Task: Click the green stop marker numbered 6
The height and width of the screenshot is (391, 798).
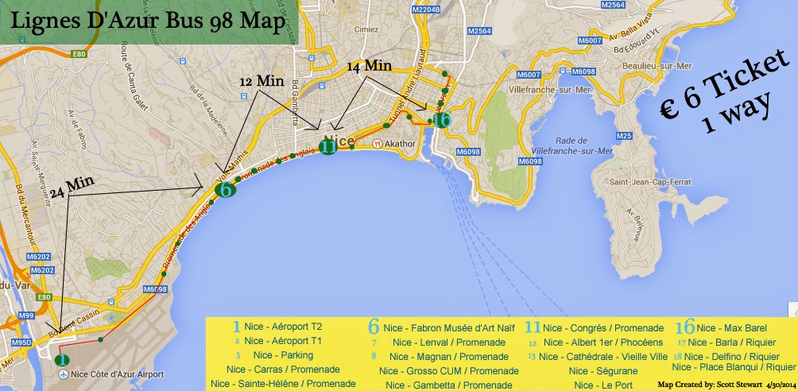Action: [226, 189]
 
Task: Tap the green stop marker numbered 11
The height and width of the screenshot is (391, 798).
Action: [327, 146]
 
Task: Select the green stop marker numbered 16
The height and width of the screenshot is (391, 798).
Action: [443, 119]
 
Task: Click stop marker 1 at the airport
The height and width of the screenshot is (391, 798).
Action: [61, 359]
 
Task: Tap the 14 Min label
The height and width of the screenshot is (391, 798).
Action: [370, 68]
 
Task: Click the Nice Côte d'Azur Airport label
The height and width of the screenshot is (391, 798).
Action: [117, 374]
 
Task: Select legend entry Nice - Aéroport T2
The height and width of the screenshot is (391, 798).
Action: [279, 327]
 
